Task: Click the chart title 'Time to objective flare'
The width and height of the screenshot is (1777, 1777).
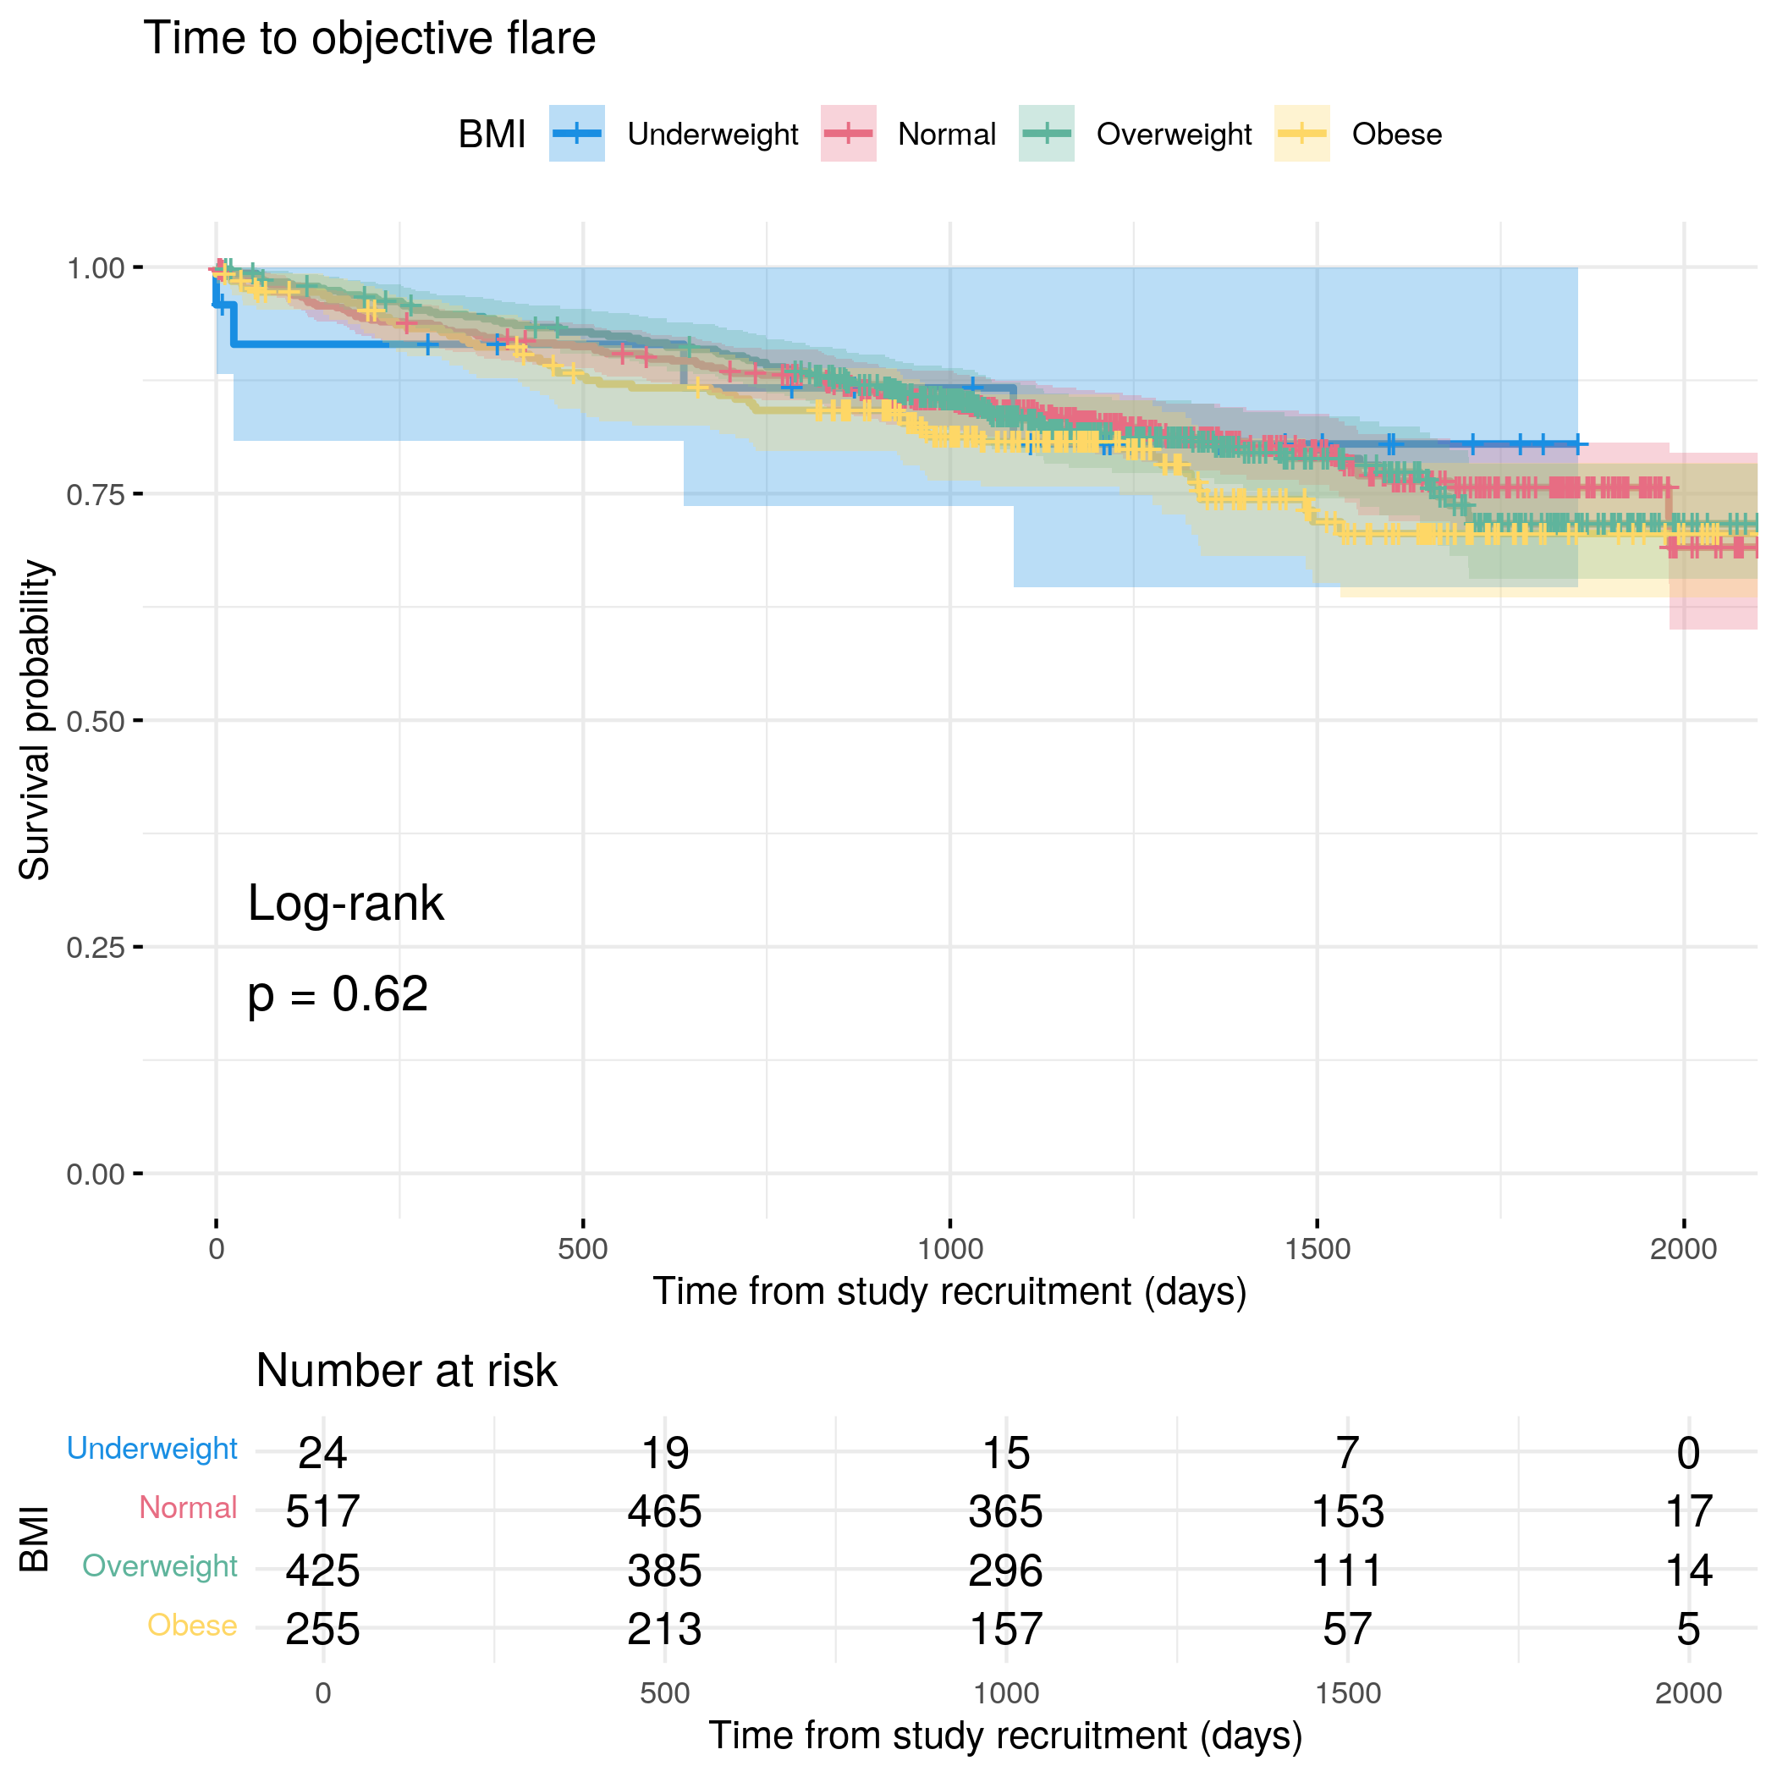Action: coord(369,39)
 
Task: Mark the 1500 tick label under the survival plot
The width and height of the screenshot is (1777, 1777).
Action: coord(1318,1249)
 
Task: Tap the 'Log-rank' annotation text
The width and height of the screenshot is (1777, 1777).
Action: coord(346,903)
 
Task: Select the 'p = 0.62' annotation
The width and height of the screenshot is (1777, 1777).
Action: coord(338,994)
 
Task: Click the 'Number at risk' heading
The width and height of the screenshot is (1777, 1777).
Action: coord(405,1371)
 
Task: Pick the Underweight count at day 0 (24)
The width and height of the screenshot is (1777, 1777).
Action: coord(323,1453)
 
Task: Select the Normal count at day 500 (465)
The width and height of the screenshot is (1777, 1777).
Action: coord(664,1512)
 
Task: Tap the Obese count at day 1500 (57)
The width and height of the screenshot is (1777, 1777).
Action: coord(1347,1630)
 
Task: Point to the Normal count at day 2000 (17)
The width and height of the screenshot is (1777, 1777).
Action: coord(1689,1512)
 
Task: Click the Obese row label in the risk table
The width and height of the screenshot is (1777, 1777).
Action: coord(192,1626)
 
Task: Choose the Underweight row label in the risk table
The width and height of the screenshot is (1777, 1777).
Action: coord(151,1449)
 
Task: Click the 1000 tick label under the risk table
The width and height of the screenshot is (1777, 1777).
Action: coord(1005,1693)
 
